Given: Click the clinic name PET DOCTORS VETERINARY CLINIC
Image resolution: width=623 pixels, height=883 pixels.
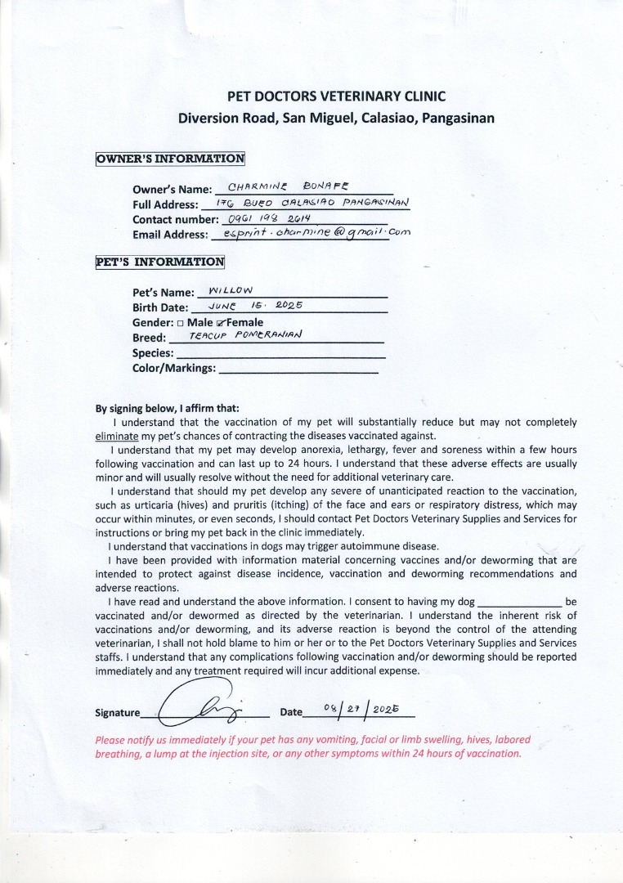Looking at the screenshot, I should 336,96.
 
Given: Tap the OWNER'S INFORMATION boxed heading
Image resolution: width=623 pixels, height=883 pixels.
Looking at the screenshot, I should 170,159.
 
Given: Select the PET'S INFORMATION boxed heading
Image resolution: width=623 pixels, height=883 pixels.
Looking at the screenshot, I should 159,262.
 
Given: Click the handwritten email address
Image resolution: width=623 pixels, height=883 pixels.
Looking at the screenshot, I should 311,233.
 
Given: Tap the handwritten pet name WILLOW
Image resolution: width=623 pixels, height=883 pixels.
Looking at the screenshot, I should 231,290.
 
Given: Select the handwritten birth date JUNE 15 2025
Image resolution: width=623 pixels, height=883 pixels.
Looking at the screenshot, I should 256,306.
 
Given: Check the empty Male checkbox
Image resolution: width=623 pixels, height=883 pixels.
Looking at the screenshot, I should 180,323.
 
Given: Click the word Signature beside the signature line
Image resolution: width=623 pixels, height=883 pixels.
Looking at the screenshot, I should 118,712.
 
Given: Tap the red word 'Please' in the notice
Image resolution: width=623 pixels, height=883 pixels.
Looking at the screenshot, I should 111,740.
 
